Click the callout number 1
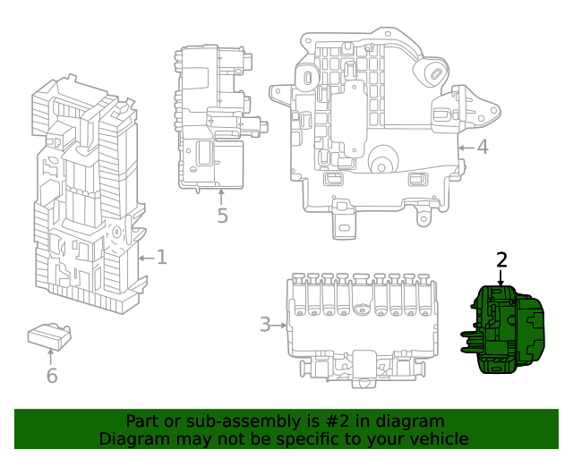click(161, 258)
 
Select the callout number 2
click(501, 259)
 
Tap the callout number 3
click(265, 324)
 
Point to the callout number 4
click(482, 146)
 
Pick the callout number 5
click(222, 216)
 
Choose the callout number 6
click(52, 376)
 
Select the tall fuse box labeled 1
click(86, 197)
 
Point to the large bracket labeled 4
click(381, 125)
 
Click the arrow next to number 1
click(146, 259)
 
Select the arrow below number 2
click(501, 276)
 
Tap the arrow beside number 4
click(465, 146)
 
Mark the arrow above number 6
click(52, 357)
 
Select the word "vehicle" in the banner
click(437, 439)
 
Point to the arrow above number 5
click(221, 196)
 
